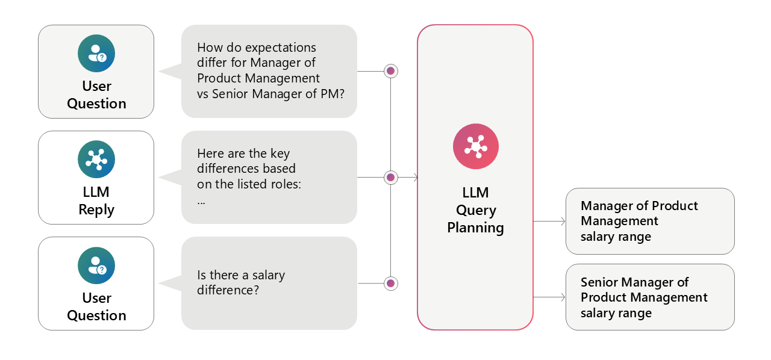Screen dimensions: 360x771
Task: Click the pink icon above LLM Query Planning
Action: (x=475, y=147)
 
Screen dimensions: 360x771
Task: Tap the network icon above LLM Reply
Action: (x=96, y=160)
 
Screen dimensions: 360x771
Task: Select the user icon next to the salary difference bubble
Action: (x=96, y=265)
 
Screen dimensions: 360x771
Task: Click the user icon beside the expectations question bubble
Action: (x=96, y=54)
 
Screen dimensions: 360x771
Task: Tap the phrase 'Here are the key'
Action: (x=243, y=154)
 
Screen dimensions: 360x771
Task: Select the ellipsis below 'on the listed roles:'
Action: (x=201, y=202)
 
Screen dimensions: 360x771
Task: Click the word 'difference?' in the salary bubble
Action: (x=228, y=290)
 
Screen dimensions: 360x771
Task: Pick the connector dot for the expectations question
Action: (x=390, y=71)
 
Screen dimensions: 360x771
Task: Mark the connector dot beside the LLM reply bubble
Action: (x=390, y=178)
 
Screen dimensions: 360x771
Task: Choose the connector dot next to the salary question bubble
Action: (x=390, y=283)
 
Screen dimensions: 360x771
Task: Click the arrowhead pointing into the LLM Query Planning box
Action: (x=415, y=178)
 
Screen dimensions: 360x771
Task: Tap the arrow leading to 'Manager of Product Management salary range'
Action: (x=562, y=222)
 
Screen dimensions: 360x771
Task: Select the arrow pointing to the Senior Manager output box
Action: (x=562, y=297)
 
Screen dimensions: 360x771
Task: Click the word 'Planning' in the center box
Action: (x=475, y=228)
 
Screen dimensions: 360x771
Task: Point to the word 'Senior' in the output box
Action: (x=599, y=282)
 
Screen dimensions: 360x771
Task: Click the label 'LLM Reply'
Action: (x=96, y=201)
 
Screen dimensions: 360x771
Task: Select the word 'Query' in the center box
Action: (x=475, y=211)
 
